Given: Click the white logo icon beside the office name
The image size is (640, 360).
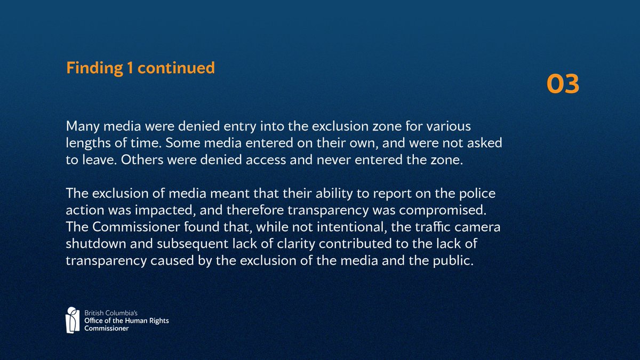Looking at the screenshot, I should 73,319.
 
